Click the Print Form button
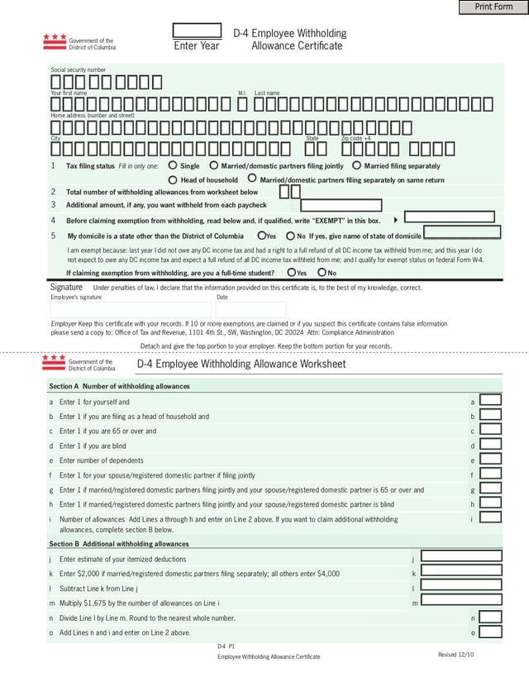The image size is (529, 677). [493, 7]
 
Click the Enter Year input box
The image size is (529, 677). [197, 31]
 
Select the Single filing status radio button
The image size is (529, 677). [173, 165]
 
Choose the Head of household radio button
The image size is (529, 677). [173, 179]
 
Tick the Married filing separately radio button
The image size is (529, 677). [357, 165]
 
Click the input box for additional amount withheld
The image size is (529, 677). [341, 205]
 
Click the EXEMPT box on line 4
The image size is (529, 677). [449, 217]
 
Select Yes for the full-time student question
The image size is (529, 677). [291, 272]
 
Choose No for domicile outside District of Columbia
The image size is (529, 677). [290, 236]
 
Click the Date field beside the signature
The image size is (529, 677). [250, 308]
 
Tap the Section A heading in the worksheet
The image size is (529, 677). [119, 386]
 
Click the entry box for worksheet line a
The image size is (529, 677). [491, 401]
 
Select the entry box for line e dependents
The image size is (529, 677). [491, 460]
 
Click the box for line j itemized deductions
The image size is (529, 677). [461, 557]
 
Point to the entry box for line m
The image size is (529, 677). [461, 602]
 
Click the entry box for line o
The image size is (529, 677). [491, 632]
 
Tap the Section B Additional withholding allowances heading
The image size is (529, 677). [119, 544]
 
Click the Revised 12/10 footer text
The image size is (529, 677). [456, 655]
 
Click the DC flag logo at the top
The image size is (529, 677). [55, 39]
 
